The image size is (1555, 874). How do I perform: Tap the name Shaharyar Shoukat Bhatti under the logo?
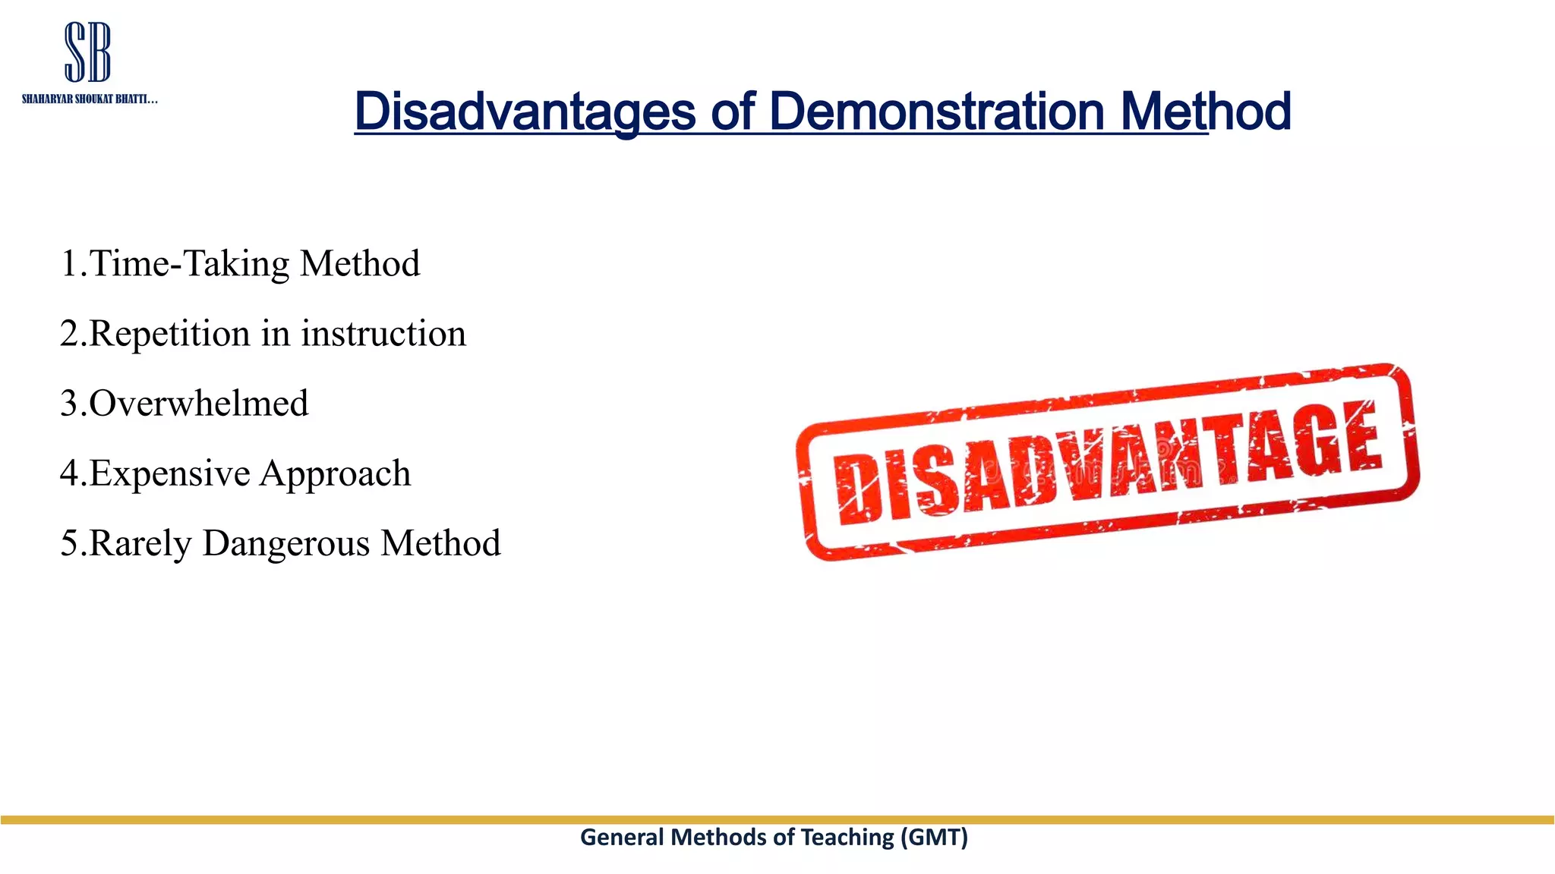(x=89, y=99)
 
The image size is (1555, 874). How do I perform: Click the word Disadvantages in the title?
(x=525, y=112)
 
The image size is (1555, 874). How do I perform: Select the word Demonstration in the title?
(x=936, y=112)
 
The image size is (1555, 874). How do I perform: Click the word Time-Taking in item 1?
(x=189, y=264)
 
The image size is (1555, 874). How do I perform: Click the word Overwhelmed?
(x=199, y=404)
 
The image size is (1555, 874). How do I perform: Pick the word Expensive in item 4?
(x=169, y=473)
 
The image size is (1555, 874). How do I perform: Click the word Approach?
(x=335, y=473)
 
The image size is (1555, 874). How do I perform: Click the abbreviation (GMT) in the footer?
(x=934, y=837)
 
